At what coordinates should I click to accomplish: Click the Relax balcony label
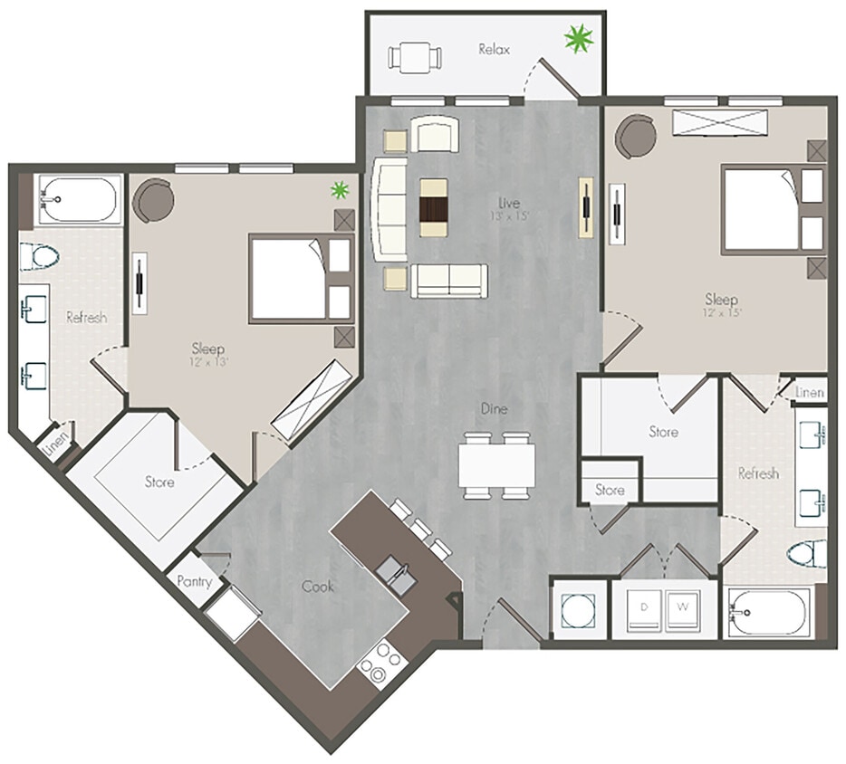tap(494, 49)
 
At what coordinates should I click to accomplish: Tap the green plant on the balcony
tap(578, 39)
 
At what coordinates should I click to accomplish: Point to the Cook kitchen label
tap(317, 586)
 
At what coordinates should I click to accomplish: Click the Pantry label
tap(195, 581)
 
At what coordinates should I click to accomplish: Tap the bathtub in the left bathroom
tap(78, 198)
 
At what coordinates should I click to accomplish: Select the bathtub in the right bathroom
tap(770, 614)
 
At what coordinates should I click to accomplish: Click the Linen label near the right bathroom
tap(809, 392)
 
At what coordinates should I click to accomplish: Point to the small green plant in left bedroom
tap(339, 189)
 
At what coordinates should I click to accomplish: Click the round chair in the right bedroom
tap(636, 137)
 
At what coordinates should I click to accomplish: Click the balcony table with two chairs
tap(415, 57)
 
